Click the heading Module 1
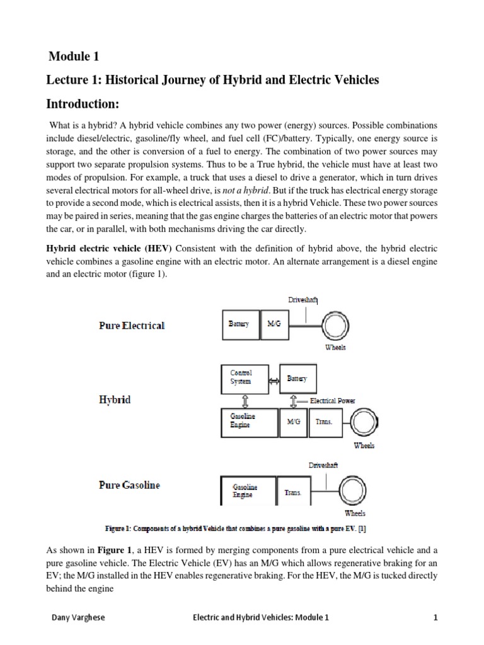point(74,57)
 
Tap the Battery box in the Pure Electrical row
point(239,324)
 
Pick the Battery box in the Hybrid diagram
point(297,379)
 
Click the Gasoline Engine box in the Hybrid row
point(249,421)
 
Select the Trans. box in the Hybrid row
point(325,422)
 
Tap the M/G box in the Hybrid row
point(294,422)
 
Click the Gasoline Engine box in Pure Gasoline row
point(248,491)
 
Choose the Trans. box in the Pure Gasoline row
point(294,493)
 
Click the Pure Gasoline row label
point(129,486)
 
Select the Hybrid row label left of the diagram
point(115,399)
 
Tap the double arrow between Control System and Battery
point(274,380)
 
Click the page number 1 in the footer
point(435,618)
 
